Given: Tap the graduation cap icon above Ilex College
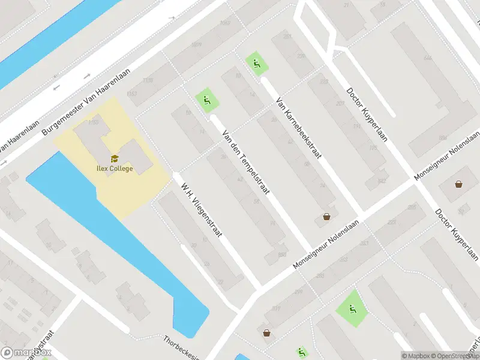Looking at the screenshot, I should pyautogui.click(x=114, y=160).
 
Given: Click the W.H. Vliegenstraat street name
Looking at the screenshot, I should pyautogui.click(x=202, y=209).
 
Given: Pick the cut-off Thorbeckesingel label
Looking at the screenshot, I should pyautogui.click(x=182, y=348).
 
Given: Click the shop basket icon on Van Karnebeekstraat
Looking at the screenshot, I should pyautogui.click(x=327, y=216).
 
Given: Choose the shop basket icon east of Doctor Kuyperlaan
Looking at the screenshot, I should pyautogui.click(x=459, y=184).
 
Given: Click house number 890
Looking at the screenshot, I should pyautogui.click(x=282, y=254).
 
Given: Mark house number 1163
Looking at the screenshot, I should pyautogui.click(x=132, y=94).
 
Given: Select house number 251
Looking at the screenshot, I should pyautogui.click(x=364, y=243).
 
